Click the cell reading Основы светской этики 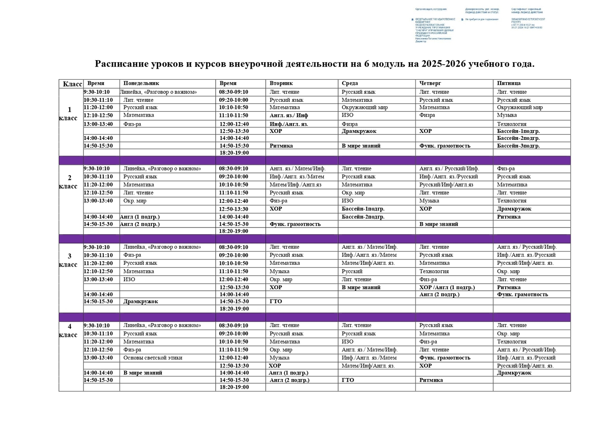pyautogui.click(x=153, y=358)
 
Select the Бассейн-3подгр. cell pyautogui.click(x=518, y=146)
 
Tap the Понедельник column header pyautogui.click(x=141, y=83)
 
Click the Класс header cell pyautogui.click(x=72, y=84)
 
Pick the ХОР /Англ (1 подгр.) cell pyautogui.click(x=447, y=288)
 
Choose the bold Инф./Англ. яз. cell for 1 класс pyautogui.click(x=289, y=124)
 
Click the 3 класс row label pyautogui.click(x=69, y=260)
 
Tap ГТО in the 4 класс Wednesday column pyautogui.click(x=348, y=380)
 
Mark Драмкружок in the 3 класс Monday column pyautogui.click(x=140, y=301)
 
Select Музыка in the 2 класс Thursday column pyautogui.click(x=429, y=201)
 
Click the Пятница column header pyautogui.click(x=509, y=83)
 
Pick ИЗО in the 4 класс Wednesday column pyautogui.click(x=348, y=342)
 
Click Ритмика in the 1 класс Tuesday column pyautogui.click(x=281, y=146)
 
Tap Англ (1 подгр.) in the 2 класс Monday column pyautogui.click(x=140, y=217)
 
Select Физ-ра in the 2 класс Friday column pyautogui.click(x=506, y=169)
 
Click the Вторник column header pyautogui.click(x=281, y=83)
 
